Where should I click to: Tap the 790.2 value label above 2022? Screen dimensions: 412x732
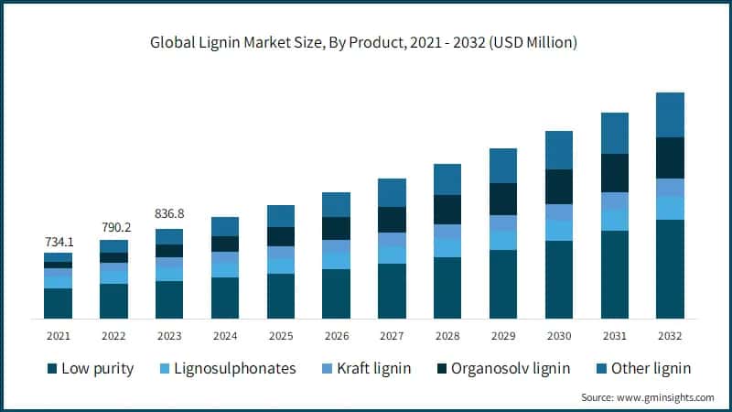click(x=113, y=227)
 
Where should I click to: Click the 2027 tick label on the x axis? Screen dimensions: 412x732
click(x=392, y=336)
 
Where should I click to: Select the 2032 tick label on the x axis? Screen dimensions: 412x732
click(x=670, y=336)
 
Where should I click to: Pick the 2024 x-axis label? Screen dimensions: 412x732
click(x=225, y=336)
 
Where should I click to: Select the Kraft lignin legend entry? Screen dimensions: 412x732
click(x=370, y=369)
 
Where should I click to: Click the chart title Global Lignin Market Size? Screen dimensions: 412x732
click(x=365, y=42)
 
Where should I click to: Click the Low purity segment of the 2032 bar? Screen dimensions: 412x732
click(x=670, y=269)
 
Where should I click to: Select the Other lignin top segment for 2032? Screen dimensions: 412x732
click(x=670, y=114)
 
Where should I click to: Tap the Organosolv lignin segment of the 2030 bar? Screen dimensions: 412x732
click(x=559, y=187)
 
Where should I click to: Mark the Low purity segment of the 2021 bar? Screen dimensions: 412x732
click(x=58, y=303)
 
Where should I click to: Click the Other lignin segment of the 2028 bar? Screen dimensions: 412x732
click(x=447, y=179)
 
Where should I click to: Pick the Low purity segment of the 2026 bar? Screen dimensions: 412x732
click(x=336, y=293)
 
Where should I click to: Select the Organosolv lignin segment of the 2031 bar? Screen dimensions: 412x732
click(x=615, y=173)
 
